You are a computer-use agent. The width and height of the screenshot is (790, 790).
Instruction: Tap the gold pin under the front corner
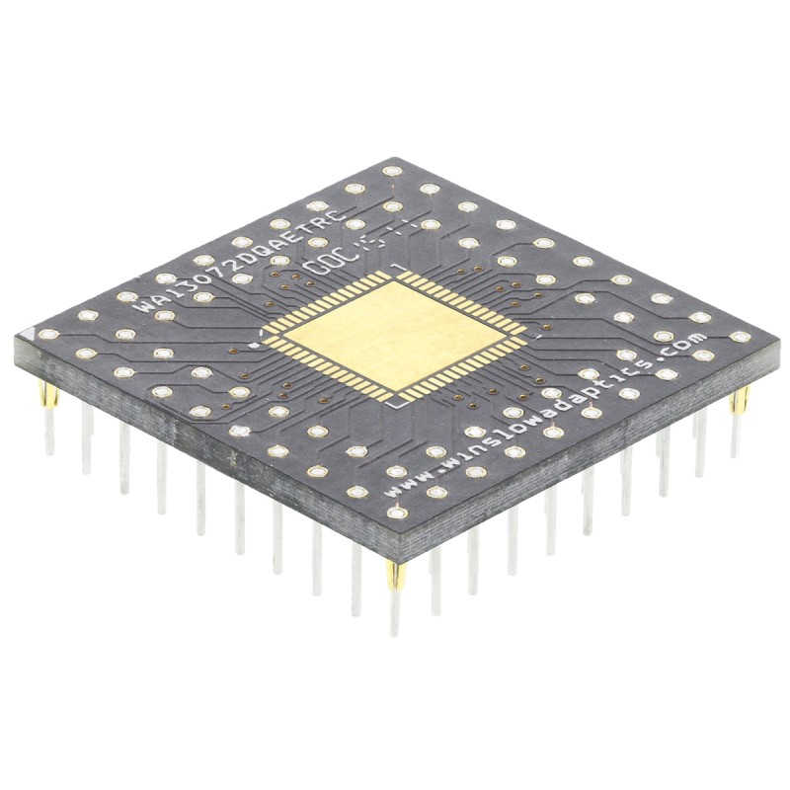click(x=395, y=577)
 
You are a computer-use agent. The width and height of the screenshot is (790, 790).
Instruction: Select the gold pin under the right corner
click(x=741, y=401)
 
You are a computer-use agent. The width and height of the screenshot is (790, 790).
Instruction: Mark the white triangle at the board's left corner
click(x=34, y=336)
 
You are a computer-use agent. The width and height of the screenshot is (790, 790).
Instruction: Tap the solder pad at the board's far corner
click(x=392, y=171)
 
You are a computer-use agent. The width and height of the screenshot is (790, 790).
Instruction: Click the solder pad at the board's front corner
click(x=396, y=513)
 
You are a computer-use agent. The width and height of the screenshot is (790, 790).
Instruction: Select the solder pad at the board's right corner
click(x=740, y=337)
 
